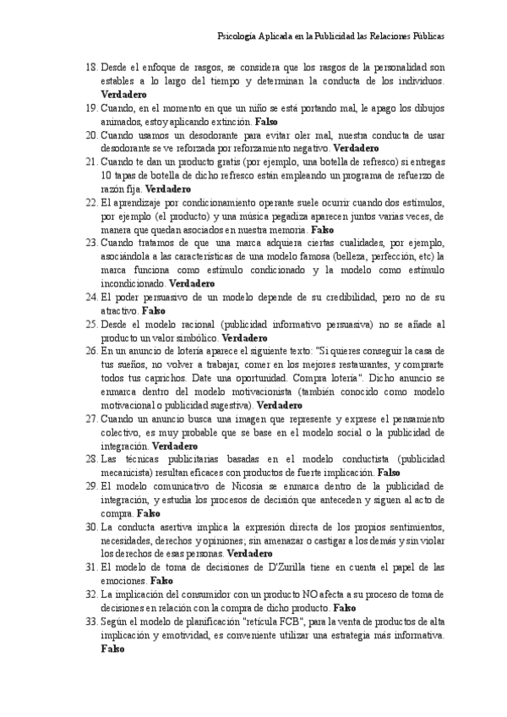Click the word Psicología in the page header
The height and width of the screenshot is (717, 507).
pos(237,37)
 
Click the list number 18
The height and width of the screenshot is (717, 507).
pos(91,67)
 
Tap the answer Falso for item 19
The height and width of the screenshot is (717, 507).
pos(266,121)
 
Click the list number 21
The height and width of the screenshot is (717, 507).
pos(91,162)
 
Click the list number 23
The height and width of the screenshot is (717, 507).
pos(91,244)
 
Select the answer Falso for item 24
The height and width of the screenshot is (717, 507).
pos(153,311)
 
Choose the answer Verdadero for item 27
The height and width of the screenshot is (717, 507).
pos(175,446)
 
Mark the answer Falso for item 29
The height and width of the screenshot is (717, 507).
pos(148,514)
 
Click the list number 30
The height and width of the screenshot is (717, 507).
pos(91,528)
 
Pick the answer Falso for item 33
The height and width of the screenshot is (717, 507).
pos(112,650)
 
